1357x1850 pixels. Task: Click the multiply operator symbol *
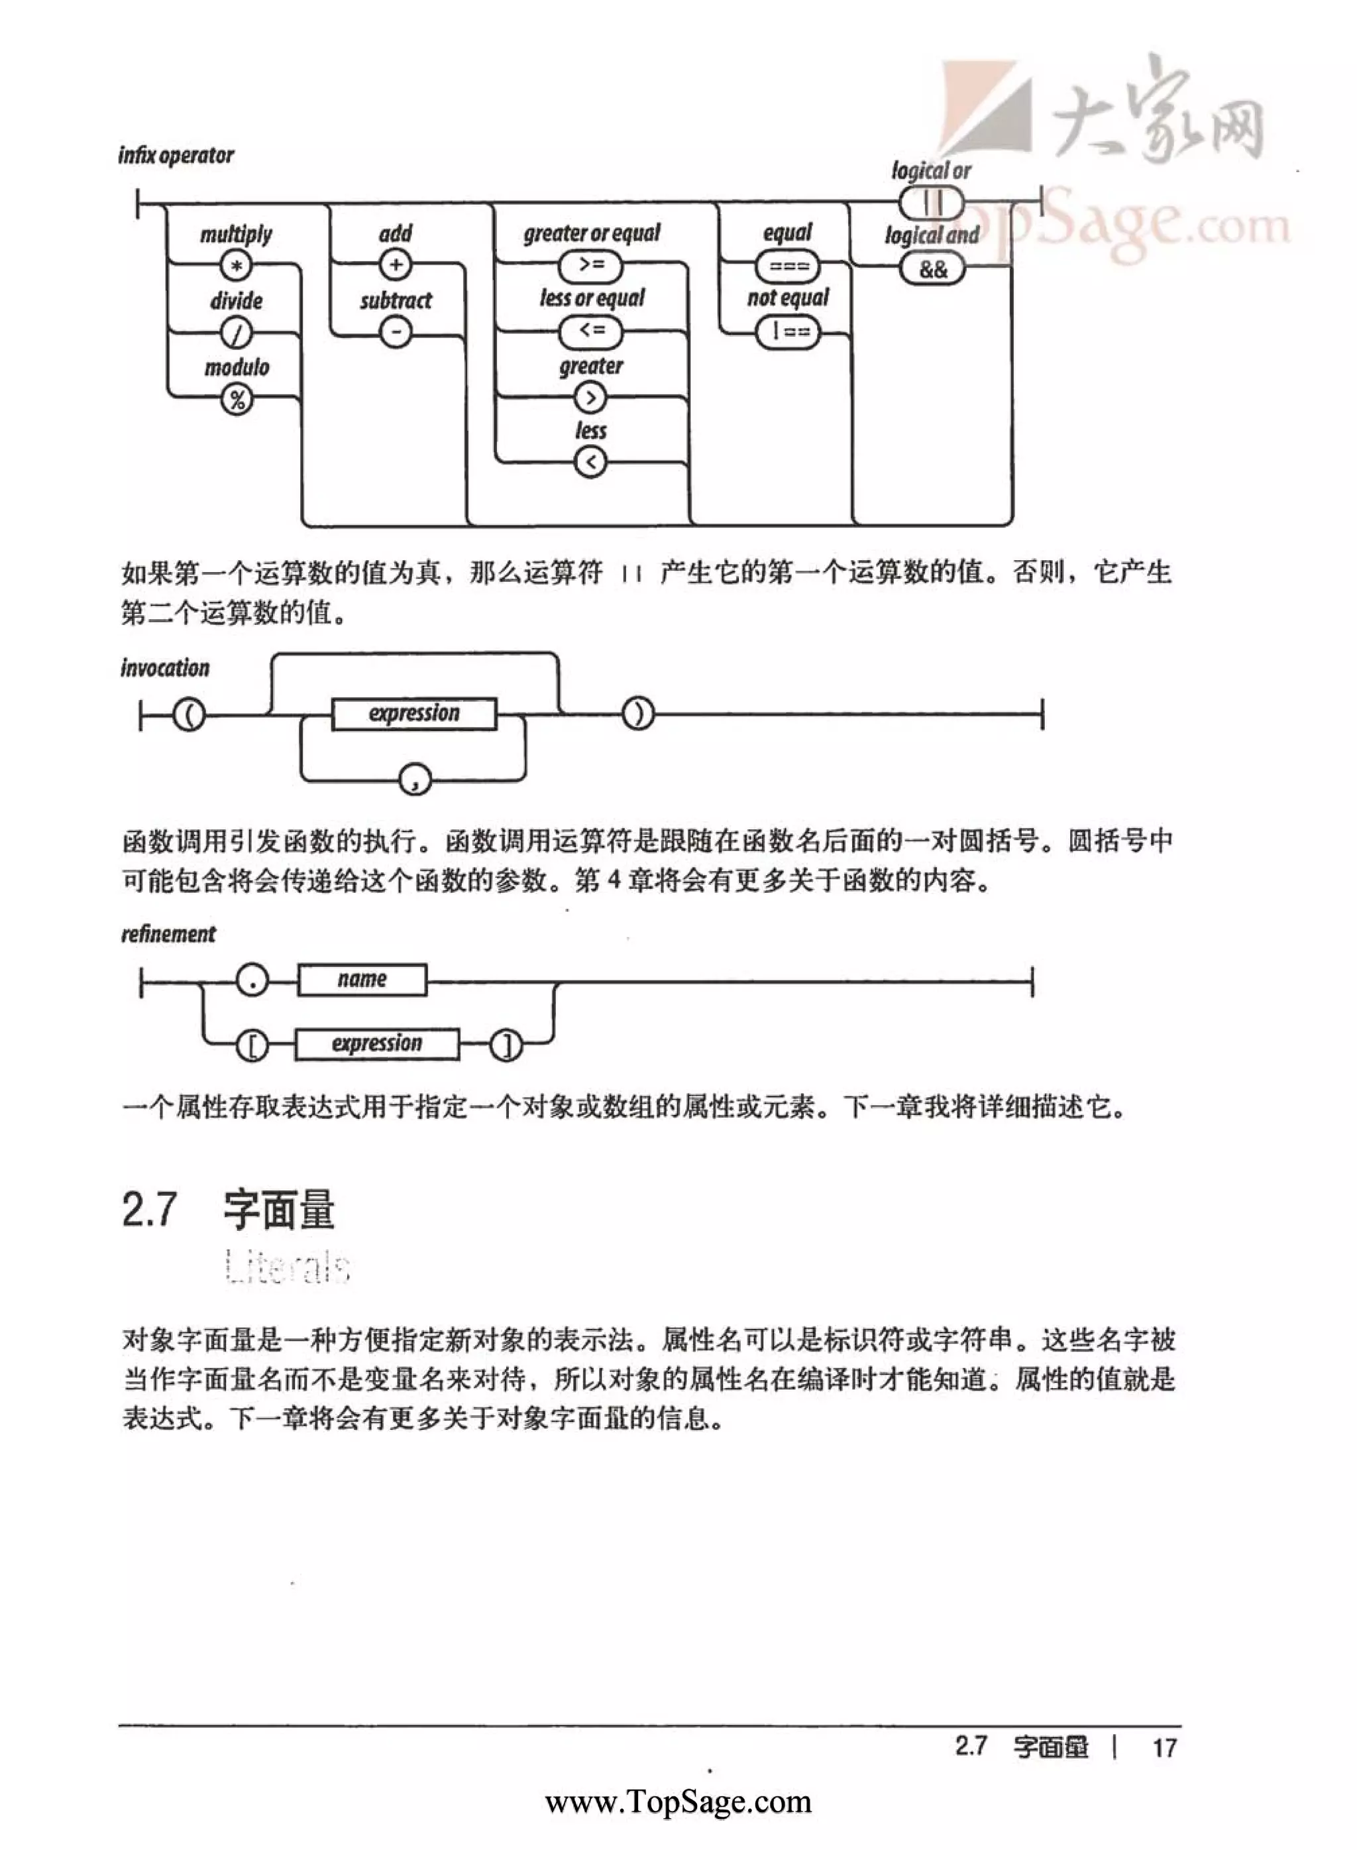tap(237, 266)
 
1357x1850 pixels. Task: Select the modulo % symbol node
tap(237, 400)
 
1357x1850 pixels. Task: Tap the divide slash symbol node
tap(237, 333)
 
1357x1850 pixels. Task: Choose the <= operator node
tap(590, 331)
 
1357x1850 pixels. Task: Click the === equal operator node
tap(788, 266)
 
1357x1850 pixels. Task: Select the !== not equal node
tap(788, 332)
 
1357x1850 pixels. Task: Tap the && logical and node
tap(932, 268)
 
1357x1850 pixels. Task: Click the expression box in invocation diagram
tap(414, 713)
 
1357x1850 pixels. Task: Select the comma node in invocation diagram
tap(415, 778)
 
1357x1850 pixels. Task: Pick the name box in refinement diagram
tap(362, 979)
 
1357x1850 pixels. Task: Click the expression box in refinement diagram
tap(377, 1044)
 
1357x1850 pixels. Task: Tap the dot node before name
tap(252, 979)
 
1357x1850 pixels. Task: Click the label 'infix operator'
tap(176, 155)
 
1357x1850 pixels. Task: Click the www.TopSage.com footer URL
tap(678, 1802)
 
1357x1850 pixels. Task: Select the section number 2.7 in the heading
tap(150, 1209)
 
